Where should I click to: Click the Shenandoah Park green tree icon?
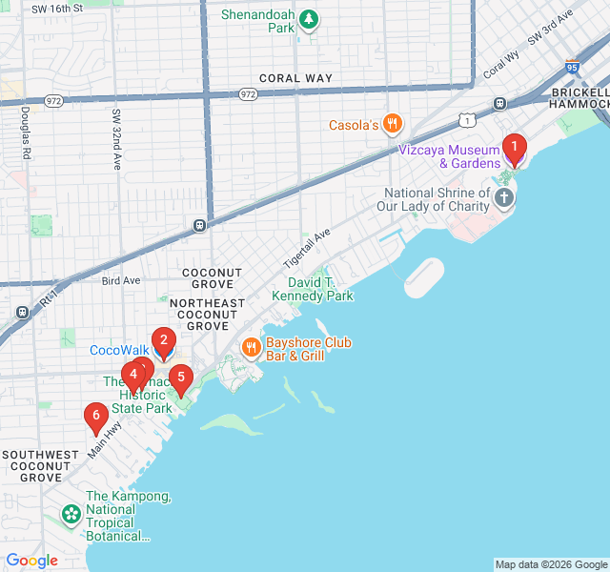[308, 18]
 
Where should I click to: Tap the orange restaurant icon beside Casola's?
[393, 125]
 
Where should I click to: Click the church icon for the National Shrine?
[503, 198]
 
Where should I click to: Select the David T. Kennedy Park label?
[313, 290]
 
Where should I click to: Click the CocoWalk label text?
[119, 350]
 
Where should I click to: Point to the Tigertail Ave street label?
[306, 248]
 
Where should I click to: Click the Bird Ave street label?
[120, 280]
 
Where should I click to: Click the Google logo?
[31, 561]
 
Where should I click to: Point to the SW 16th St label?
[57, 8]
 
